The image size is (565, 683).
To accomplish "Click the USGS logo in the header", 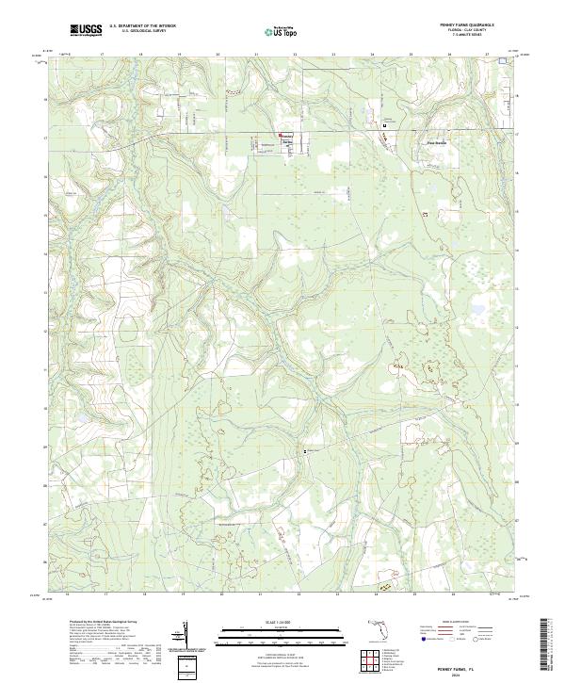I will point(86,30).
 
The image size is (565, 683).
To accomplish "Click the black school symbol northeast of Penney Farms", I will point(384,124).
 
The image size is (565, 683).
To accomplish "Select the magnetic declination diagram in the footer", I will point(186,638).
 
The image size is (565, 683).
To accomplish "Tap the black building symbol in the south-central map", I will point(304,451).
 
